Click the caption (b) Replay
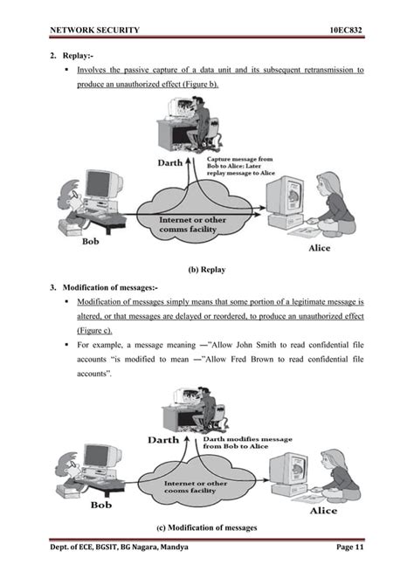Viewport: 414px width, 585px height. point(206,270)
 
